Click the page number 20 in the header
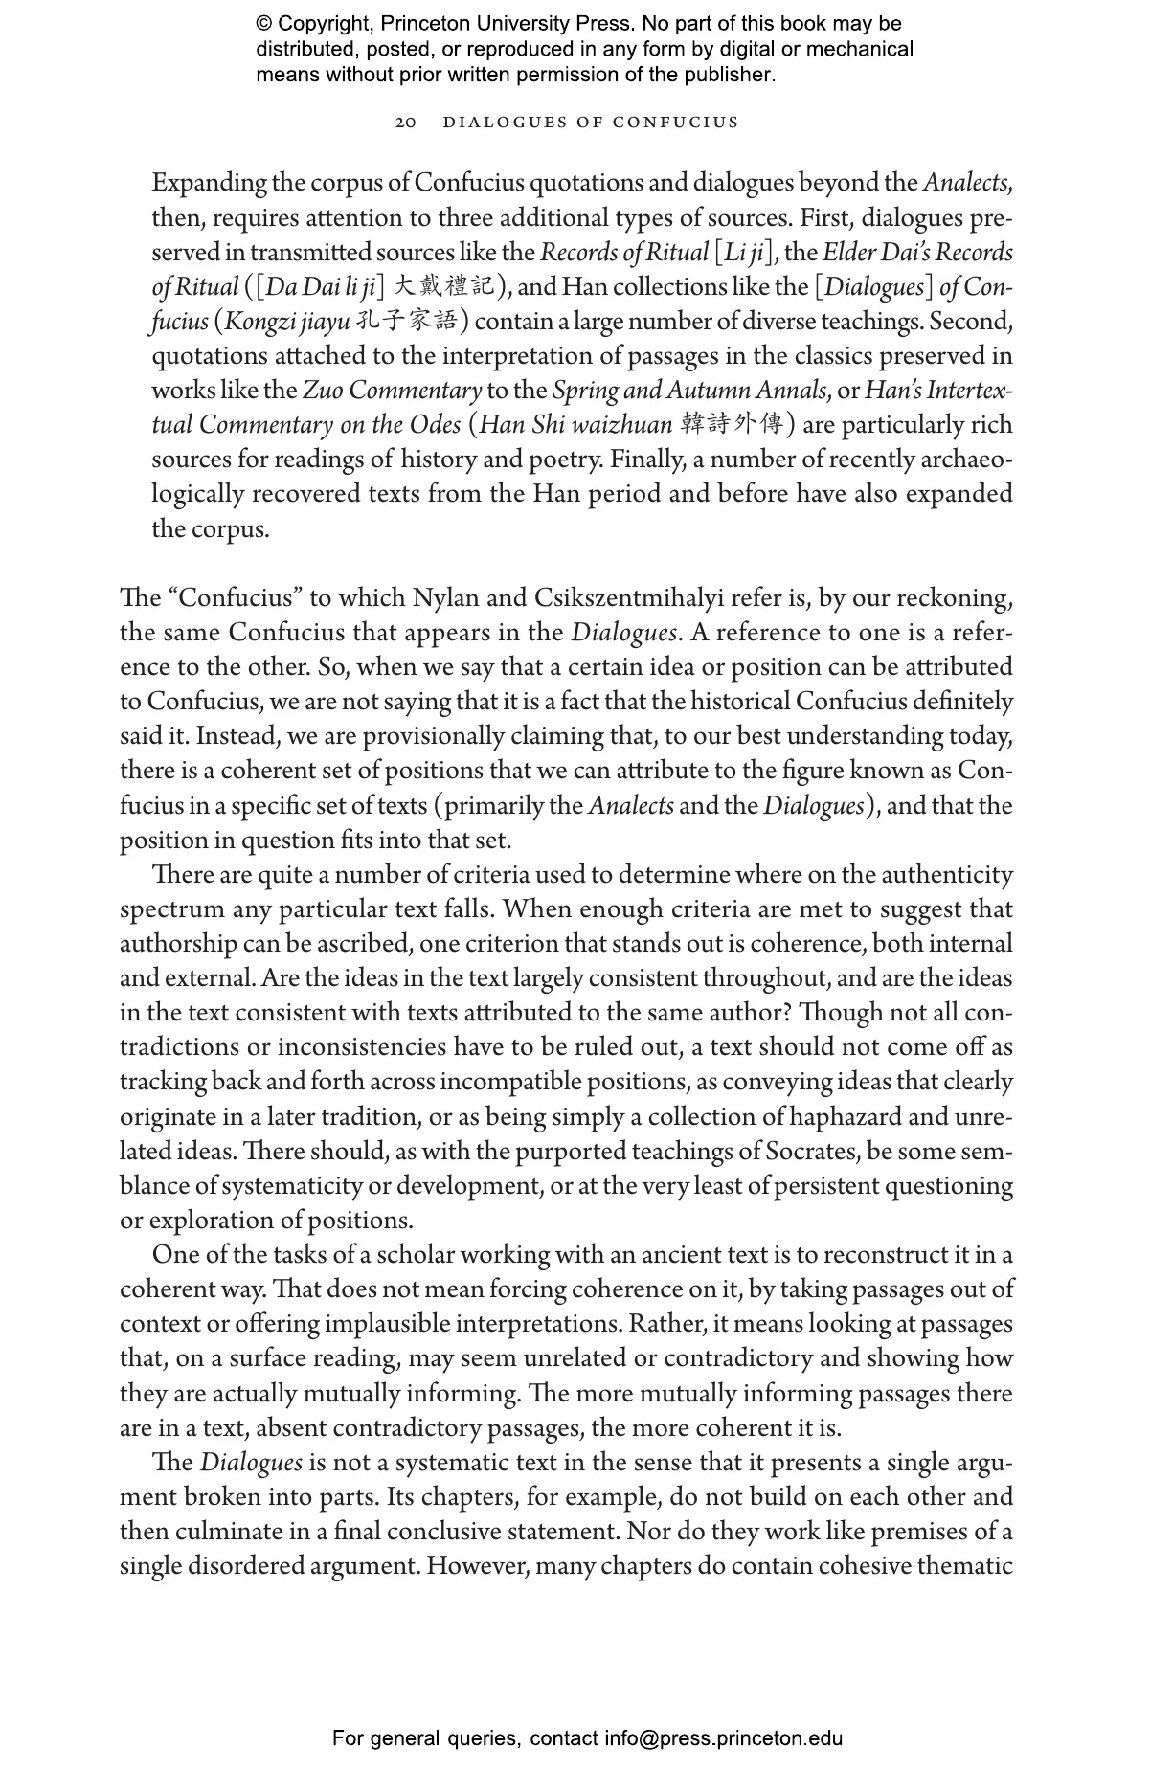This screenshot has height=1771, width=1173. click(406, 123)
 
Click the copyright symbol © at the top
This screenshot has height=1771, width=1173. click(264, 24)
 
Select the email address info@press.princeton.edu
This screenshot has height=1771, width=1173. click(723, 1738)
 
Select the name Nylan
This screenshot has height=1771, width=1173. click(446, 598)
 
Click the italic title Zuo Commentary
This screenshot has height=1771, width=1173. click(392, 391)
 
